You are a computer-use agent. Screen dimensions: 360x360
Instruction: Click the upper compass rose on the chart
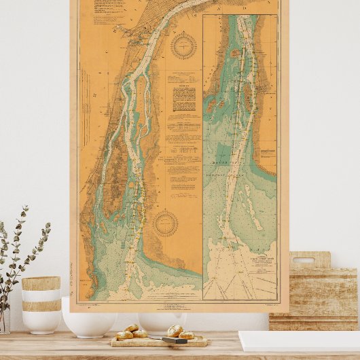click(183, 46)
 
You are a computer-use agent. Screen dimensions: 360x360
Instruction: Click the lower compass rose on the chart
click(165, 223)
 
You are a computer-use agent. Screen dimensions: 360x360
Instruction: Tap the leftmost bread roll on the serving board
click(124, 335)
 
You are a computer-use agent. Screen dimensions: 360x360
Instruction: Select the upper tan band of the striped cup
click(41, 283)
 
